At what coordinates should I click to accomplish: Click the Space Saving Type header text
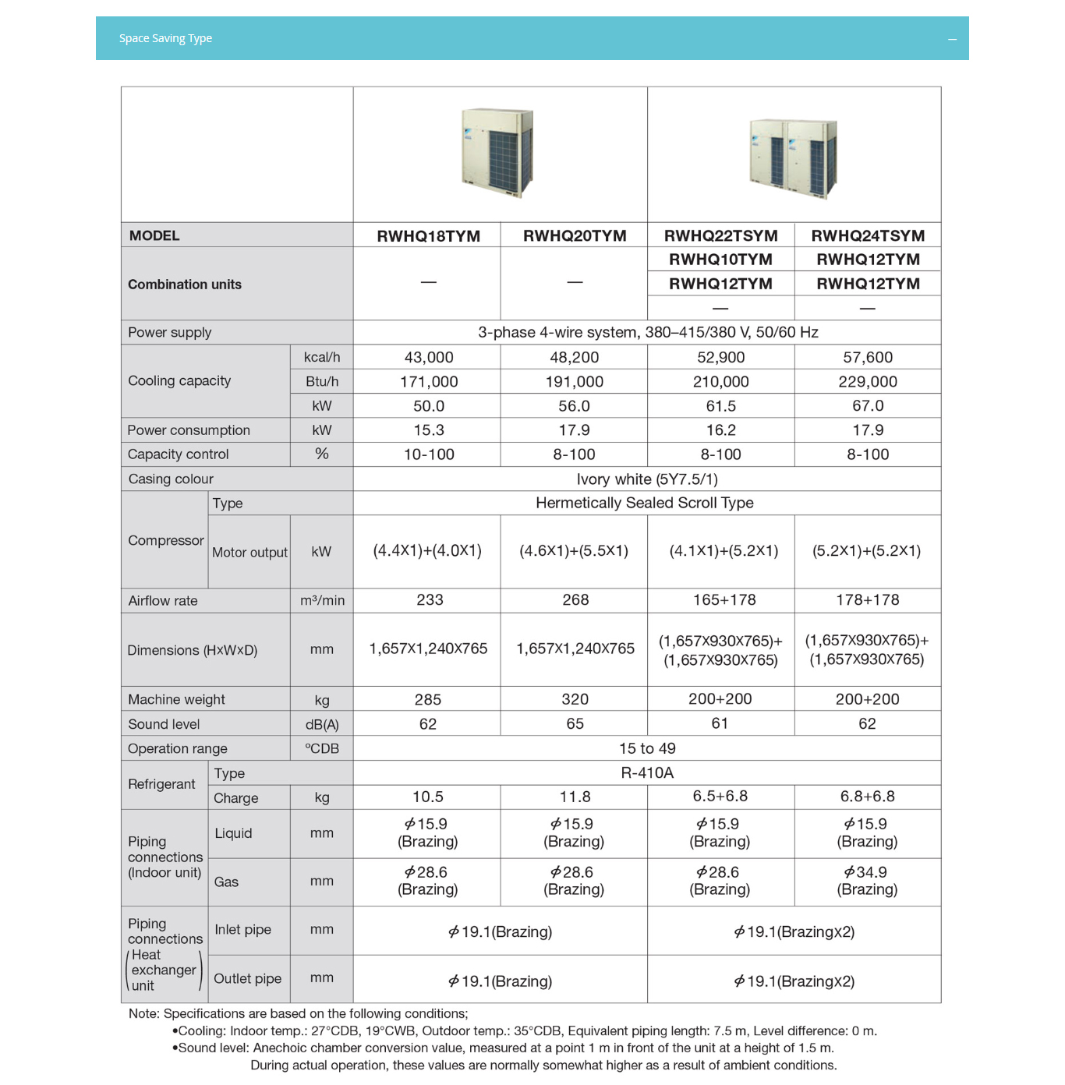[165, 38]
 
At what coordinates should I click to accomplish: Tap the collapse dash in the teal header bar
[952, 39]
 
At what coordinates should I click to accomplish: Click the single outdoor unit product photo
[498, 153]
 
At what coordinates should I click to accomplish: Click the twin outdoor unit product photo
[793, 157]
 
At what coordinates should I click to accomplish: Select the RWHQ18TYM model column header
[428, 236]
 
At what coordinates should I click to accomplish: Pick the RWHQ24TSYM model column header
[868, 235]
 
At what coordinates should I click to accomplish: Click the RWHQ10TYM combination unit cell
[720, 260]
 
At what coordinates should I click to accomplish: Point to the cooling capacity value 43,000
[429, 357]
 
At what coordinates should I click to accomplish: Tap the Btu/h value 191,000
[574, 382]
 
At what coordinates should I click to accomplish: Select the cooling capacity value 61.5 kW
[720, 406]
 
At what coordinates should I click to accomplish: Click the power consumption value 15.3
[429, 430]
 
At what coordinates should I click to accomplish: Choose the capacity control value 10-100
[429, 454]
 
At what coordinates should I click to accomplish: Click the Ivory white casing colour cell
[647, 479]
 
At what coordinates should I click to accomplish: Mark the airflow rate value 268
[575, 600]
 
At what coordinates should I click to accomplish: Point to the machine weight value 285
[428, 699]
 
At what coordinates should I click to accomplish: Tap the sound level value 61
[720, 723]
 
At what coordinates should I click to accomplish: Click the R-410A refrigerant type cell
[647, 772]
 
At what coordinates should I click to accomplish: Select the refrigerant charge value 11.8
[575, 797]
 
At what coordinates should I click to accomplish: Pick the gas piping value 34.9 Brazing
[867, 881]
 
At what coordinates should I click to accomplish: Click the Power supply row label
[170, 333]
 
